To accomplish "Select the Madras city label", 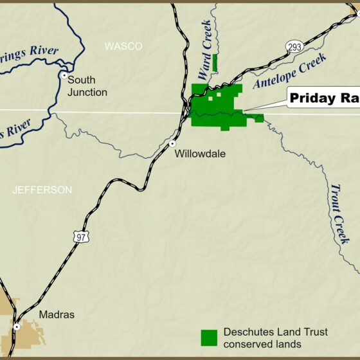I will (57, 315).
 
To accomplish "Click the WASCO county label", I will (123, 46).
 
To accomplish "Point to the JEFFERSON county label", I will (42, 190).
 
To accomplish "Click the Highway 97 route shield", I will (82, 236).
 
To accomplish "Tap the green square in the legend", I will (209, 338).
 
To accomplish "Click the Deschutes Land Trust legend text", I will (275, 338).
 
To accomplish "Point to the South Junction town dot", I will (64, 75).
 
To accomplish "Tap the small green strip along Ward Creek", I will (215, 62).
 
